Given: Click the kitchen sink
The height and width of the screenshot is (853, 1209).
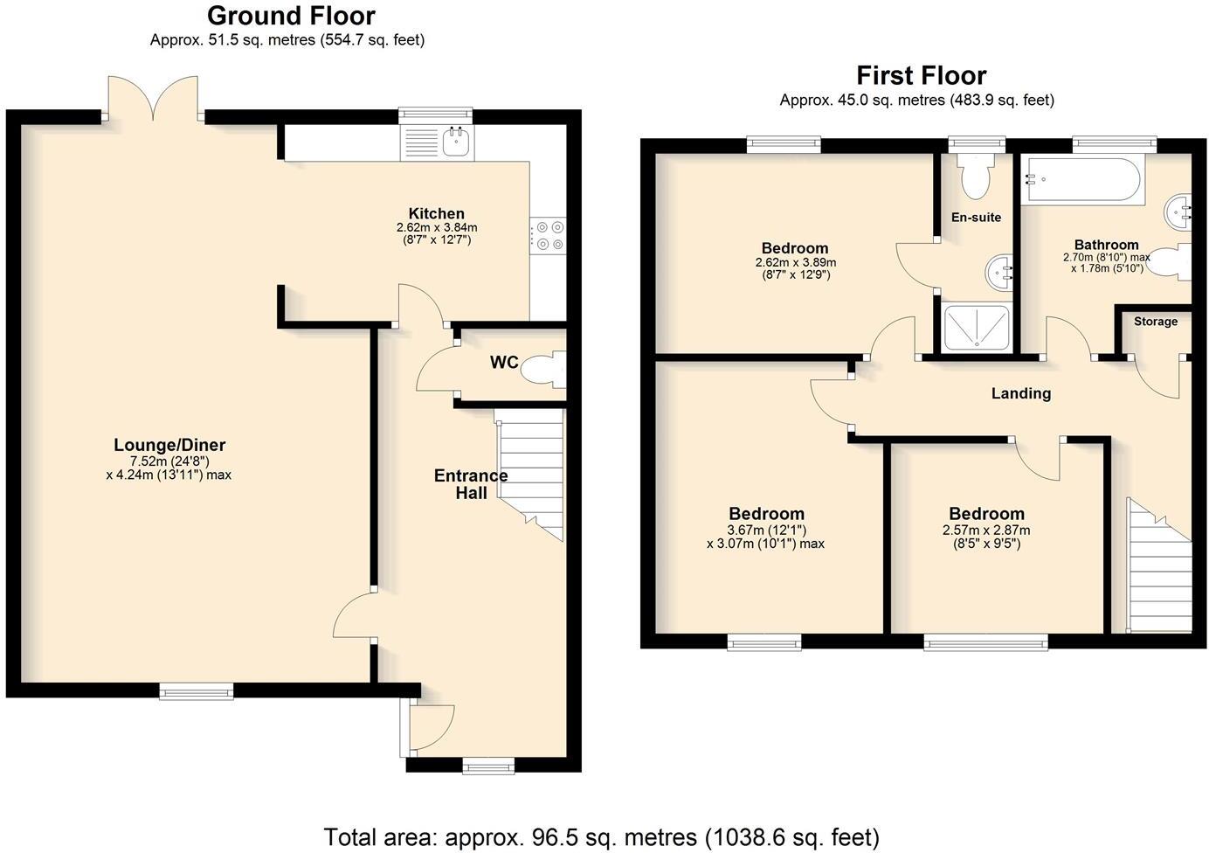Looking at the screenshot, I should (x=454, y=142).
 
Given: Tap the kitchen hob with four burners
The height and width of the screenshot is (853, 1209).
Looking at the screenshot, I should (x=548, y=236).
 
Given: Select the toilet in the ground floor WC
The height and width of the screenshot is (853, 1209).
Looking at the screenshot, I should (x=544, y=370).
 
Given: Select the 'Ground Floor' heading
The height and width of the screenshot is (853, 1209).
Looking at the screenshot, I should (x=291, y=16).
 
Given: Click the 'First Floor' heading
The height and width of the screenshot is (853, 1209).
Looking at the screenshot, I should (x=921, y=75).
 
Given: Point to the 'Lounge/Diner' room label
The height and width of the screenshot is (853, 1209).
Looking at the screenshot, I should (x=169, y=446).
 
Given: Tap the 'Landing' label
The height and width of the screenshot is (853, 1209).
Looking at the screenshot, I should (x=1020, y=393).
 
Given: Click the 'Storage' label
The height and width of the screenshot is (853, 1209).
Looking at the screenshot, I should (x=1155, y=322).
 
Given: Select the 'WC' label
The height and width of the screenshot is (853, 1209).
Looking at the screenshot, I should (x=504, y=363).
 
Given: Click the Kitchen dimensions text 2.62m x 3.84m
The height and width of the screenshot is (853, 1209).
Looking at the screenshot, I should (x=437, y=227).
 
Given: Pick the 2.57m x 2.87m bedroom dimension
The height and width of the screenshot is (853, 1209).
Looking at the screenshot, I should (x=986, y=531).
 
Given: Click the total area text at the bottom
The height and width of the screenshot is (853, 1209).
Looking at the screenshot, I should (x=601, y=836).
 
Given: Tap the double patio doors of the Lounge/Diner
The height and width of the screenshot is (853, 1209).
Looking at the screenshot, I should (x=153, y=99).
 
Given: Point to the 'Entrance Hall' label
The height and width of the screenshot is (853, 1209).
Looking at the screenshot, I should (x=471, y=484).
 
